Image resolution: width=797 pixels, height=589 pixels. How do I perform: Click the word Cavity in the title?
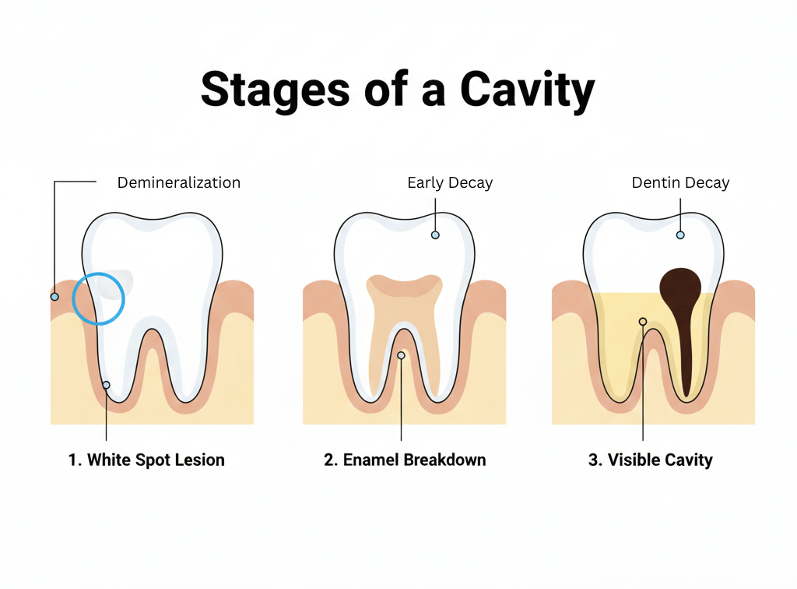click(527, 90)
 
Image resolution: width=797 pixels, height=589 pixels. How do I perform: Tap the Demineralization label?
click(178, 183)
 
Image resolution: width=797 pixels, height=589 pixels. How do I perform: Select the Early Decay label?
click(450, 183)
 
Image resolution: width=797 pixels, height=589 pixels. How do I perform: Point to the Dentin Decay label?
click(680, 183)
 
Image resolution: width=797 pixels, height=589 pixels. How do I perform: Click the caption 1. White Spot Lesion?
click(146, 460)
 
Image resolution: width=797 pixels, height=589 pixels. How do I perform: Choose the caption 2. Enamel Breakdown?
click(405, 460)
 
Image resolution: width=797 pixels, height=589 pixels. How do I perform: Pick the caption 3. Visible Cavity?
click(650, 460)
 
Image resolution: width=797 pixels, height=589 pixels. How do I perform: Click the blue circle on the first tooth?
click(99, 298)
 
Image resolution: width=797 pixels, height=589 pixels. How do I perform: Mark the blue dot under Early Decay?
click(435, 235)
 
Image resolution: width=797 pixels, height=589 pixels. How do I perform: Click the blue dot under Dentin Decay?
click(680, 235)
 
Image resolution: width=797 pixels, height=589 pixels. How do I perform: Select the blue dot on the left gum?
click(54, 297)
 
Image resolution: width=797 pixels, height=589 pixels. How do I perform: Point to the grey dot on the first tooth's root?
click(106, 385)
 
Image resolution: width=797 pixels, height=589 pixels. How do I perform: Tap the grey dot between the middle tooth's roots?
click(401, 355)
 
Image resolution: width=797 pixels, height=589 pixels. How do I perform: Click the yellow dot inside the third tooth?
click(643, 321)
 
